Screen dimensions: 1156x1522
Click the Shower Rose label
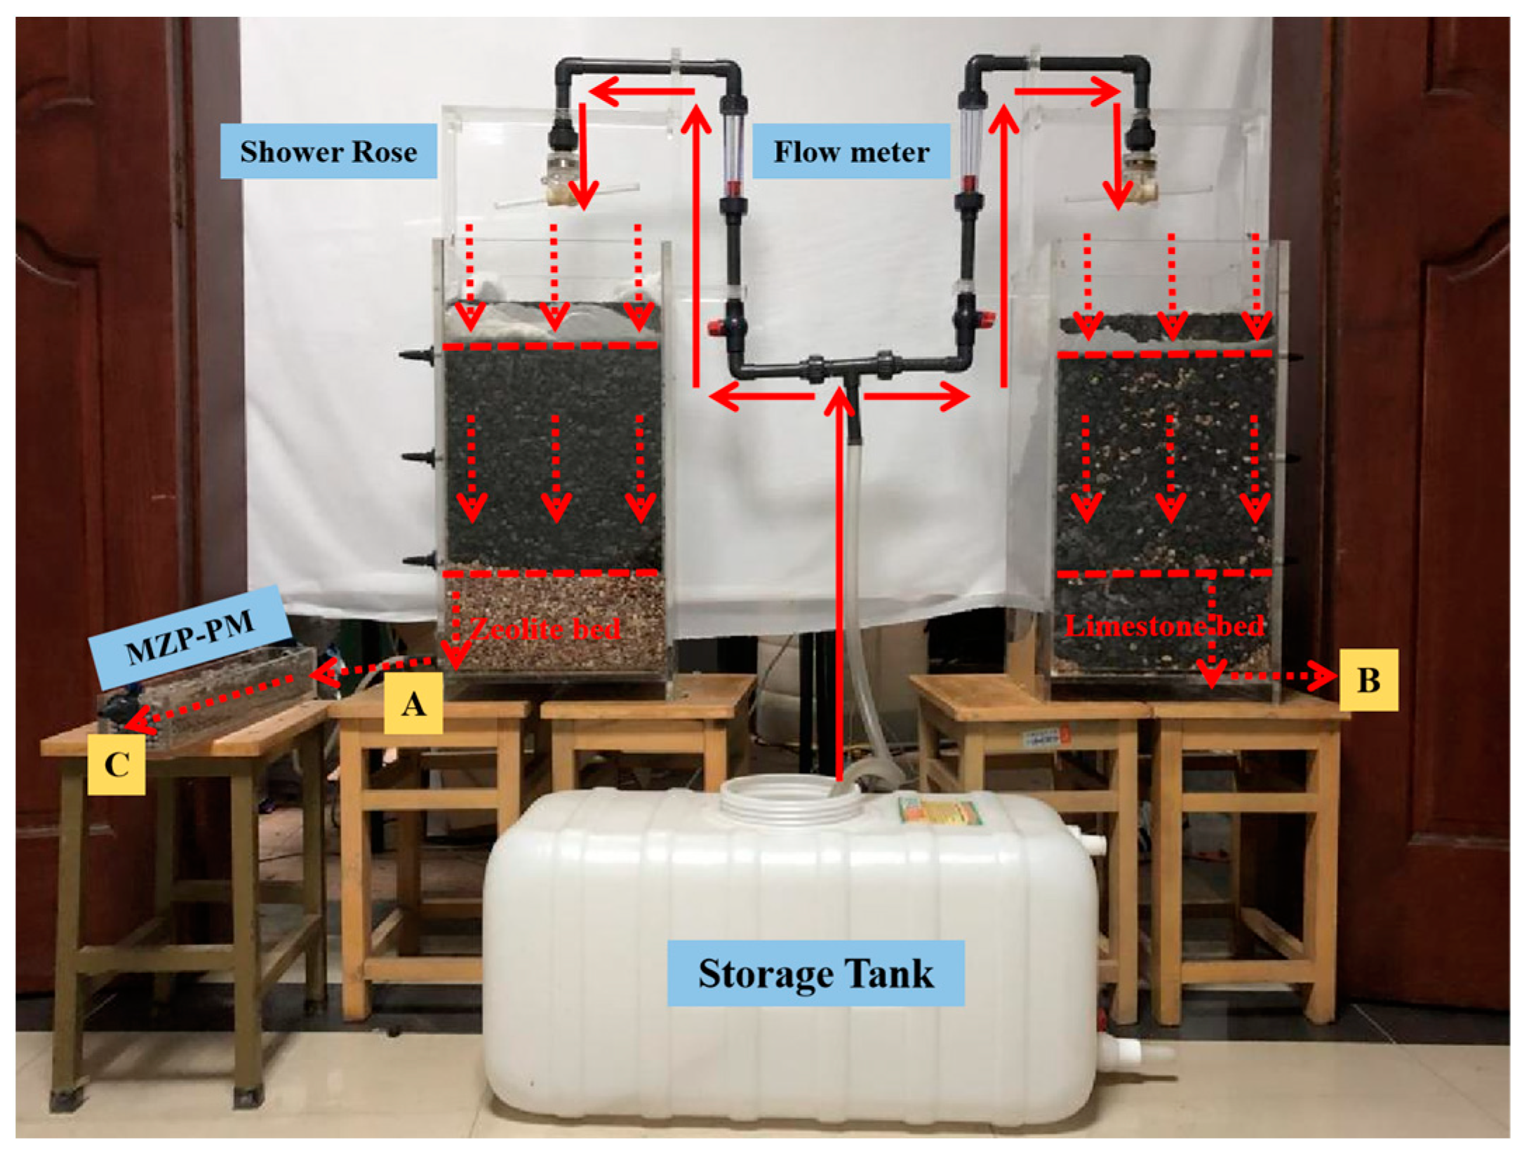[328, 152]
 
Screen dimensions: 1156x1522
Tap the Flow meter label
[851, 152]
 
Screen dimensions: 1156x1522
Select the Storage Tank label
[815, 974]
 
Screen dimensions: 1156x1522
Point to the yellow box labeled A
[413, 703]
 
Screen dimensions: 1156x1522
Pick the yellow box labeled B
[1368, 680]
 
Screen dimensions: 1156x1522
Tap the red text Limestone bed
[1165, 625]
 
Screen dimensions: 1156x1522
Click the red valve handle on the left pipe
[717, 327]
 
